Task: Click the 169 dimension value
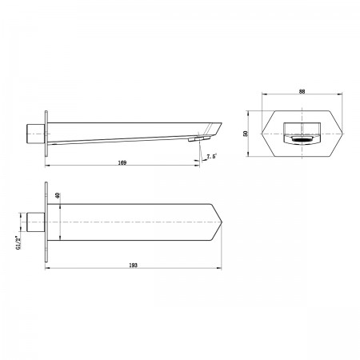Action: tap(122, 162)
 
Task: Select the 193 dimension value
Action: tap(133, 265)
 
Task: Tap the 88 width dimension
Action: tap(302, 91)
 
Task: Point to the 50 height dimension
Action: tap(246, 134)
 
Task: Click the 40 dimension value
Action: tap(58, 195)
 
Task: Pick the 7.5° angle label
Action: tap(211, 156)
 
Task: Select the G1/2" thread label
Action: tap(18, 242)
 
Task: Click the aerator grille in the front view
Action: tap(302, 139)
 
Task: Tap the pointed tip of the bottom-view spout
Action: tap(222, 222)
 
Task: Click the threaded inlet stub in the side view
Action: tap(36, 134)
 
